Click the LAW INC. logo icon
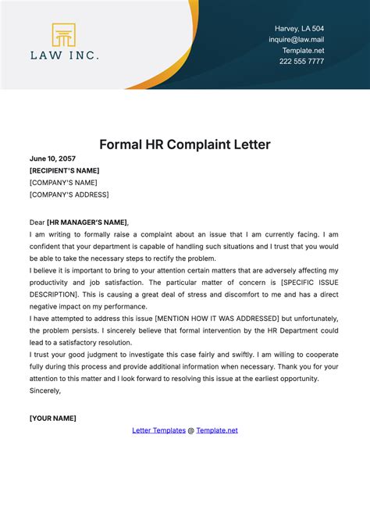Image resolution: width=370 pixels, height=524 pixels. click(x=64, y=35)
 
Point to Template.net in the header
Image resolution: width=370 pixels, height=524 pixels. click(x=304, y=50)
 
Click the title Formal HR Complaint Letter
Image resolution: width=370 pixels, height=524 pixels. click(x=184, y=144)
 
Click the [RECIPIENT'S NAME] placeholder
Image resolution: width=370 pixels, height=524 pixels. click(x=64, y=170)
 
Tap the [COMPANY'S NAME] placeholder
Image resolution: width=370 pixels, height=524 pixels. click(x=62, y=182)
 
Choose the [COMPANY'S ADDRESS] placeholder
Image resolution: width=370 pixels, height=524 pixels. click(x=69, y=194)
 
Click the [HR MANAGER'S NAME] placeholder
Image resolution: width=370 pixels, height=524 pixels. click(x=87, y=223)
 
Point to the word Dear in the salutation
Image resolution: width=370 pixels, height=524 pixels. click(x=37, y=223)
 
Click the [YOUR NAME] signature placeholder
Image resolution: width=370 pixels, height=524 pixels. click(x=52, y=418)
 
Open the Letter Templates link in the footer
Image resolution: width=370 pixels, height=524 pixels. click(x=158, y=430)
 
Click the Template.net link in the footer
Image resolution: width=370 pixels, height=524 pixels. click(x=217, y=430)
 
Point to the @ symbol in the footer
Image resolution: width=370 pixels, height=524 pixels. click(x=191, y=430)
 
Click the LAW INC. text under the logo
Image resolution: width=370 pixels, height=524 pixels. click(x=64, y=56)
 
